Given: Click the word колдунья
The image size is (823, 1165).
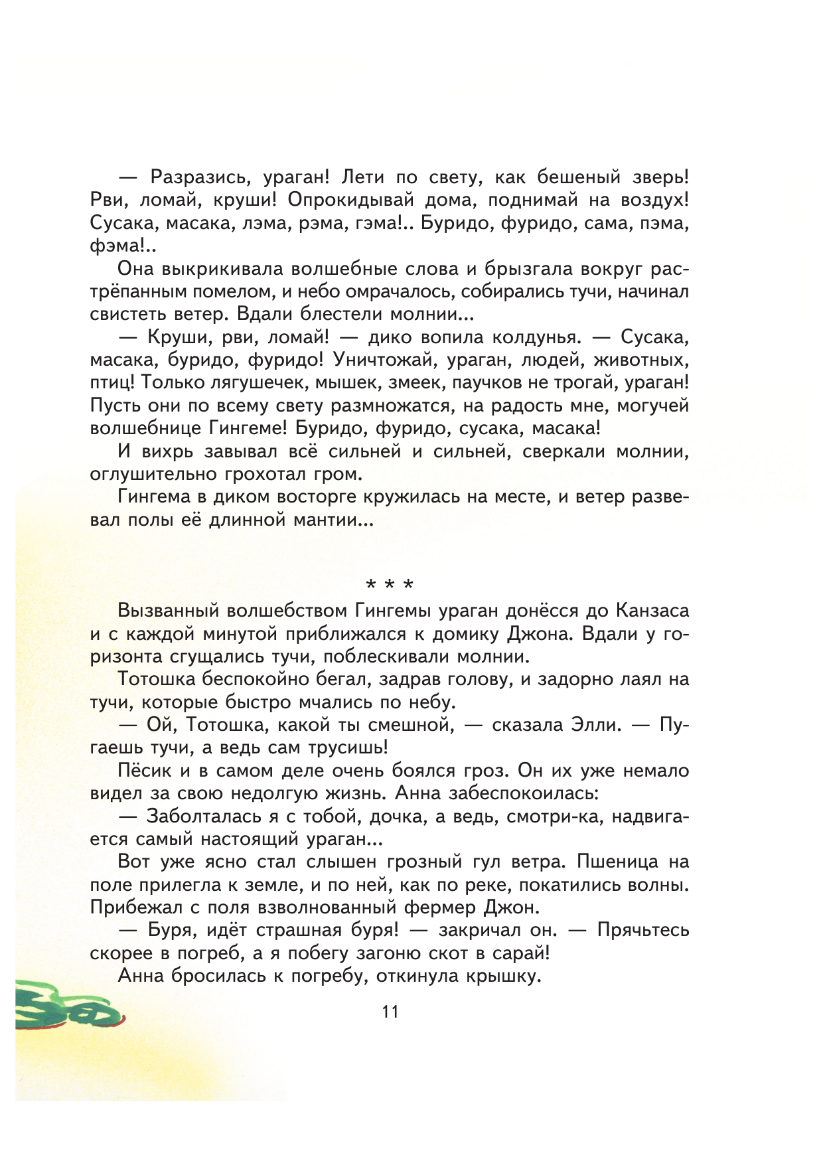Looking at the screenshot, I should click(536, 337).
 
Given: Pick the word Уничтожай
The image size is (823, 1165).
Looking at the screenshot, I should click(383, 360).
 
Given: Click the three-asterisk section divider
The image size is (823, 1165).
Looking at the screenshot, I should click(390, 584).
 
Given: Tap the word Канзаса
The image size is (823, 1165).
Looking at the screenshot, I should click(652, 611).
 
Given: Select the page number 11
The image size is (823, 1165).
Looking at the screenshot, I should click(390, 1012).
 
